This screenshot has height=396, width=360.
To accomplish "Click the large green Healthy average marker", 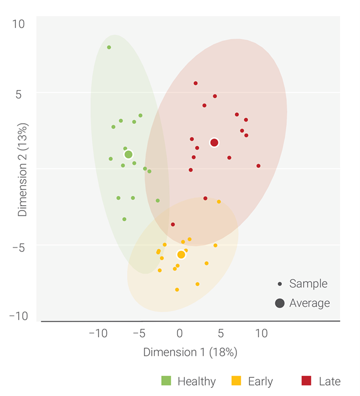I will (x=128, y=155).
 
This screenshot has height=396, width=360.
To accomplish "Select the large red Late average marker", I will (x=214, y=143).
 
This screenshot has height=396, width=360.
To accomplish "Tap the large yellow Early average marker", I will (x=181, y=255).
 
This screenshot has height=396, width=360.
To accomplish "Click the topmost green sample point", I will (x=109, y=47).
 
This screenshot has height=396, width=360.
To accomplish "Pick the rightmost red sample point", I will (x=258, y=166).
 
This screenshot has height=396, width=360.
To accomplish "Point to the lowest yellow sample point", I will (x=177, y=290).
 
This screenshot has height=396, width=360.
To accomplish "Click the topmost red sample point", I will (x=195, y=84).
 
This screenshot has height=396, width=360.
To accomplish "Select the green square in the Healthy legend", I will (x=166, y=381).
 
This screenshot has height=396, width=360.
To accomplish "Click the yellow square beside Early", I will (x=237, y=381).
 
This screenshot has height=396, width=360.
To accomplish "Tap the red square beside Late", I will (x=307, y=381).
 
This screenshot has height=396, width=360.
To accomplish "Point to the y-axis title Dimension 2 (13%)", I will (x=23, y=169).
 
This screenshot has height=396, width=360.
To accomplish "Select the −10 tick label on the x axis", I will (x=98, y=333).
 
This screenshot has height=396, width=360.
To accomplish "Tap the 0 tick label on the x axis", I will (x=179, y=333).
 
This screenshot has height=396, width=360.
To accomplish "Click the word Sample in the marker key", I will (x=308, y=284).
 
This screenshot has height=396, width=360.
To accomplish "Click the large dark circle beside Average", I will (x=280, y=303).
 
